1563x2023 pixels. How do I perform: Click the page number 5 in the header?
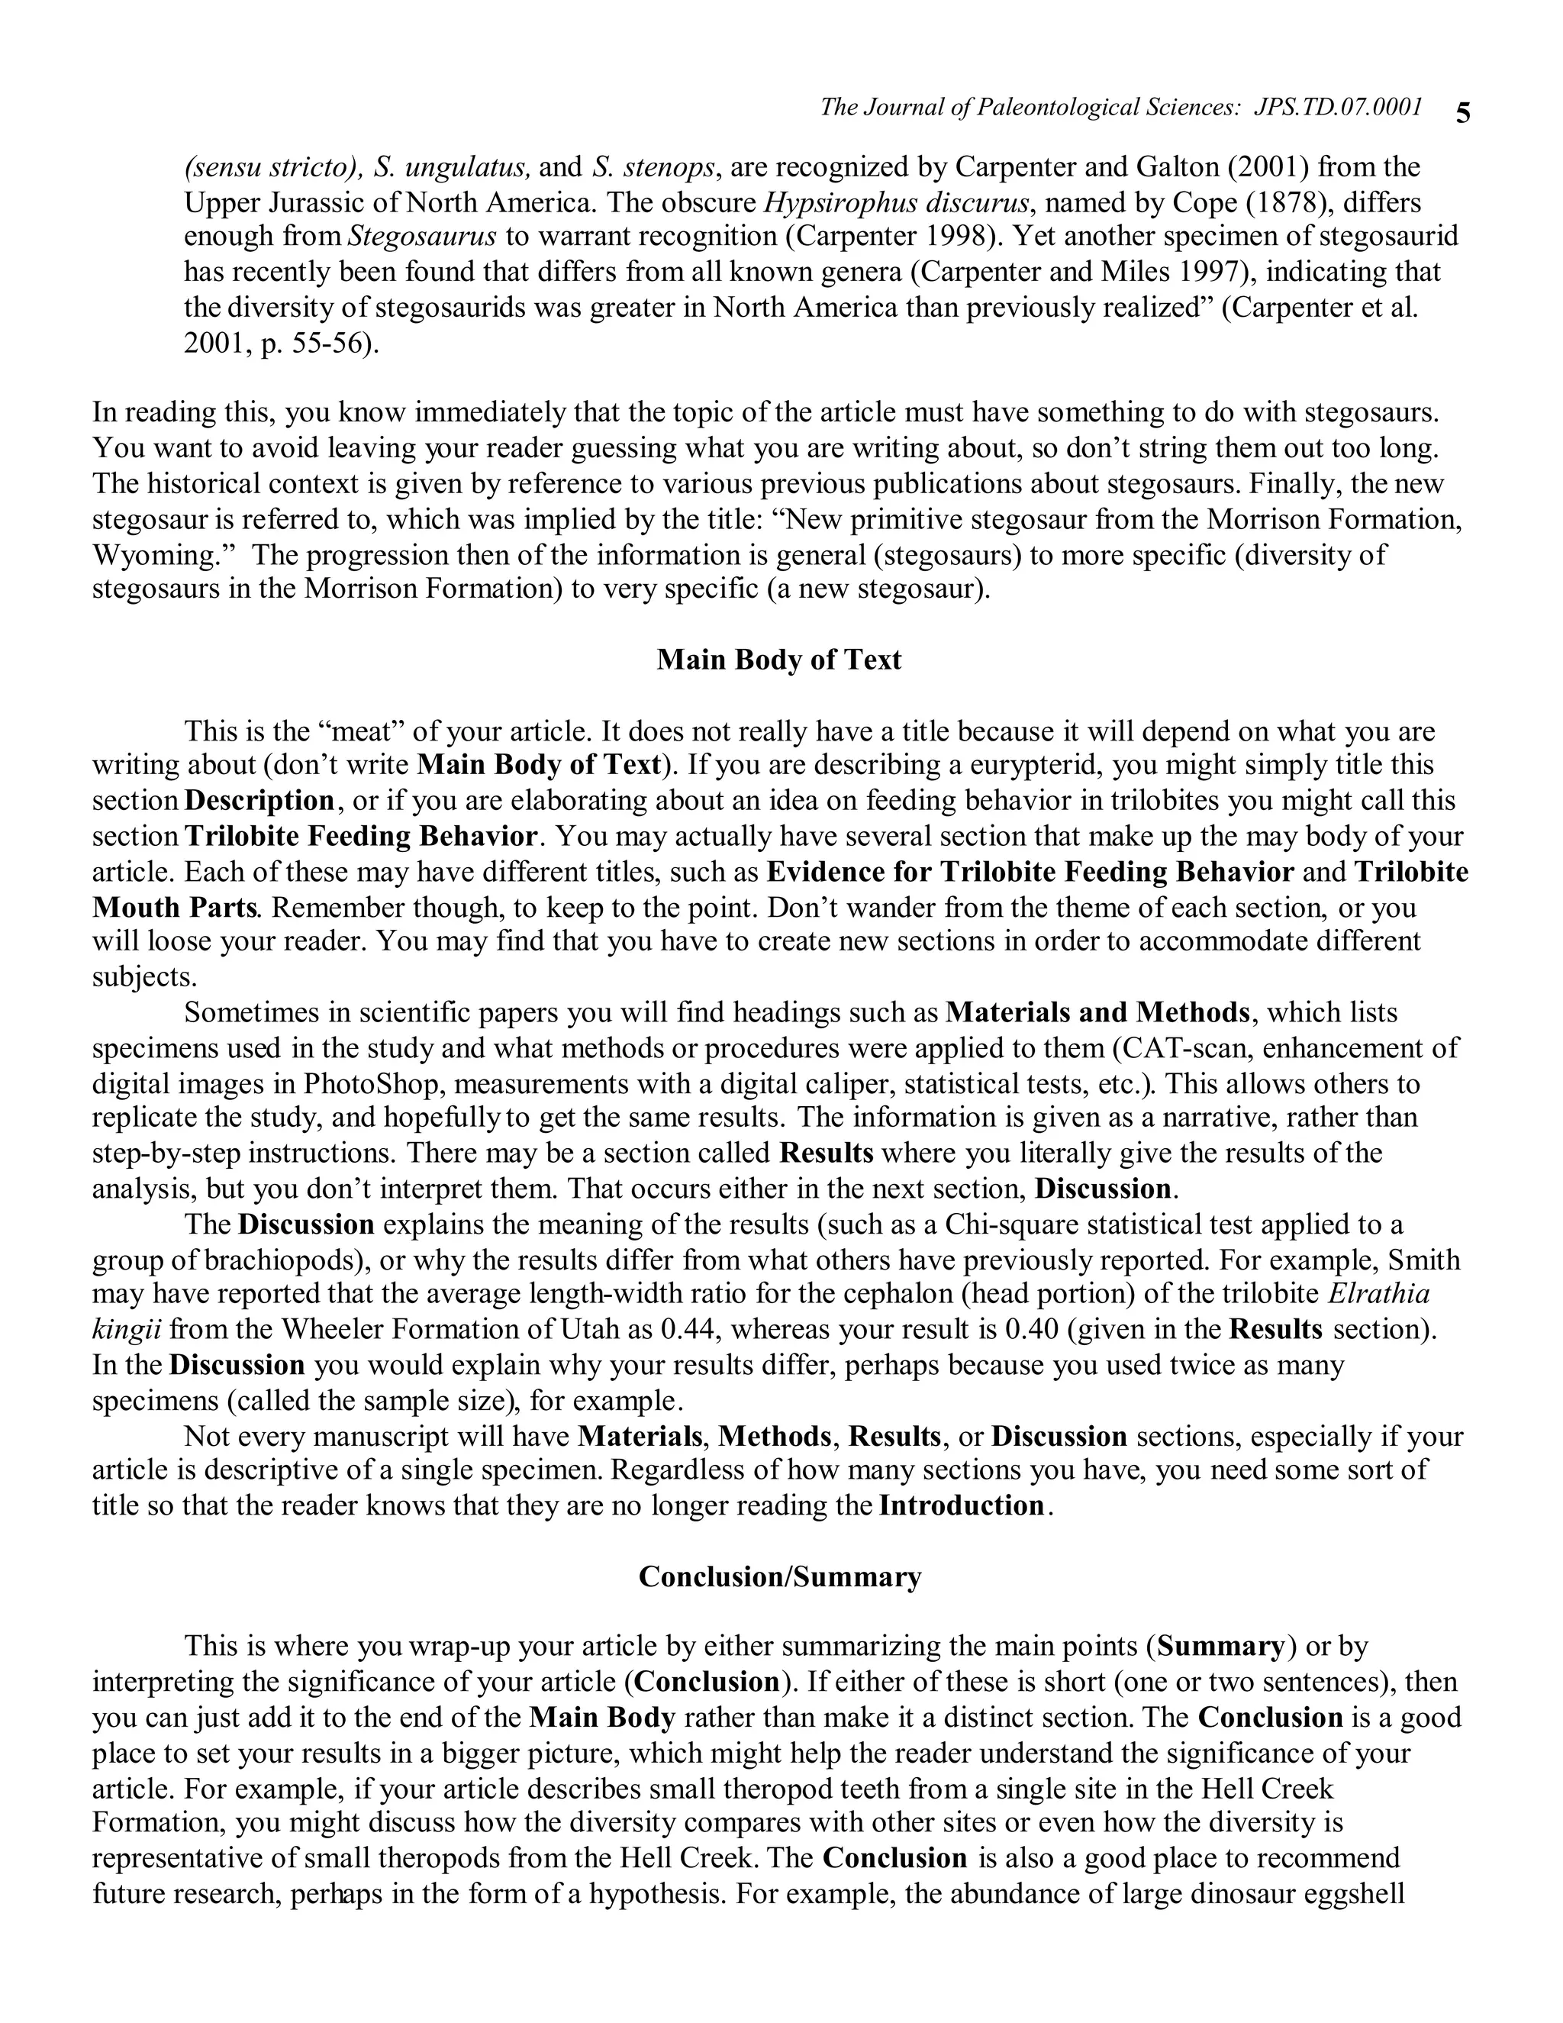tap(1462, 113)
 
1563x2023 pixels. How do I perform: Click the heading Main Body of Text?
tap(778, 660)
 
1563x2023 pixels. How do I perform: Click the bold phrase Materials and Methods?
tap(1097, 1012)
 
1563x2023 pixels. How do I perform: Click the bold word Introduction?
tap(961, 1505)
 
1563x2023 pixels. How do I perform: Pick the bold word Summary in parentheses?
tap(1220, 1646)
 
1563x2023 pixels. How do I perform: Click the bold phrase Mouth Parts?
tap(173, 907)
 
